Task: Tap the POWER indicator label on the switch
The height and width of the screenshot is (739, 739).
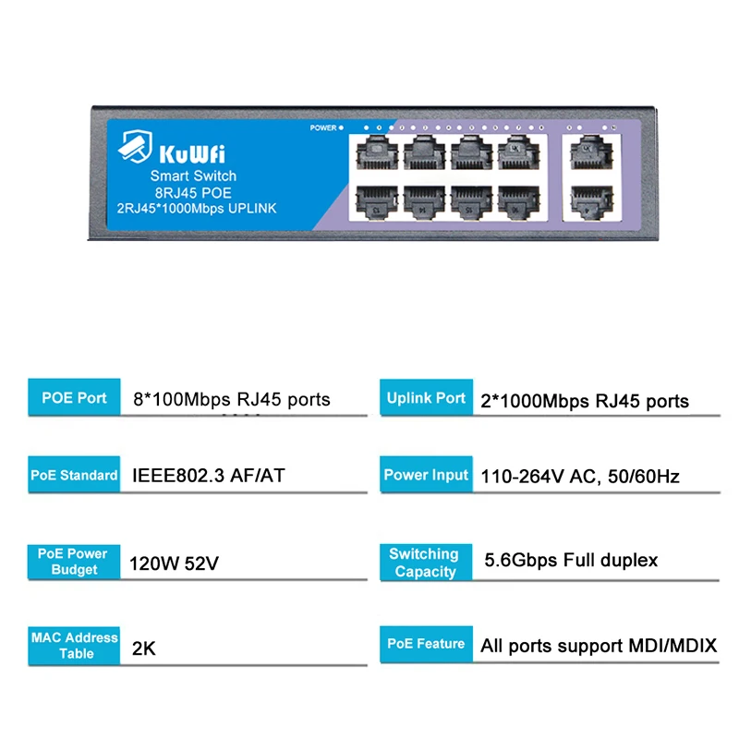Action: point(323,128)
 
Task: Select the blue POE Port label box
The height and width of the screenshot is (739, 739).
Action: point(74,398)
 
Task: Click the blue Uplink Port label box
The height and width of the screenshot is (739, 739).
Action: point(426,398)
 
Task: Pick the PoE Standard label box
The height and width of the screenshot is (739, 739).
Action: point(74,475)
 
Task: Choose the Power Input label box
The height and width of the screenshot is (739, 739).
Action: point(426,475)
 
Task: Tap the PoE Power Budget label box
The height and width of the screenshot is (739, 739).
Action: point(74,562)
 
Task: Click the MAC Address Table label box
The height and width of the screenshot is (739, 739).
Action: point(75,645)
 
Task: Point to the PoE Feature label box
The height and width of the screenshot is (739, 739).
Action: point(426,644)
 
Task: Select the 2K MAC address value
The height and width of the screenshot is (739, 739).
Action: point(144,648)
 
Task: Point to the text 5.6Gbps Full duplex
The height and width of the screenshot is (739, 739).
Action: point(571,560)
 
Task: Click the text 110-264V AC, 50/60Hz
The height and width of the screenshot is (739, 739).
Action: point(580,477)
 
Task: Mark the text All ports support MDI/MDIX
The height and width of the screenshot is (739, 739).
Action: point(599,646)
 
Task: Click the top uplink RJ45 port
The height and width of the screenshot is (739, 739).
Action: point(585,151)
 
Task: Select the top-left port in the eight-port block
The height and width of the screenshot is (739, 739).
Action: point(373,151)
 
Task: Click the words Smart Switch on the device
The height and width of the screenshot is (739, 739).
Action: point(193,176)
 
